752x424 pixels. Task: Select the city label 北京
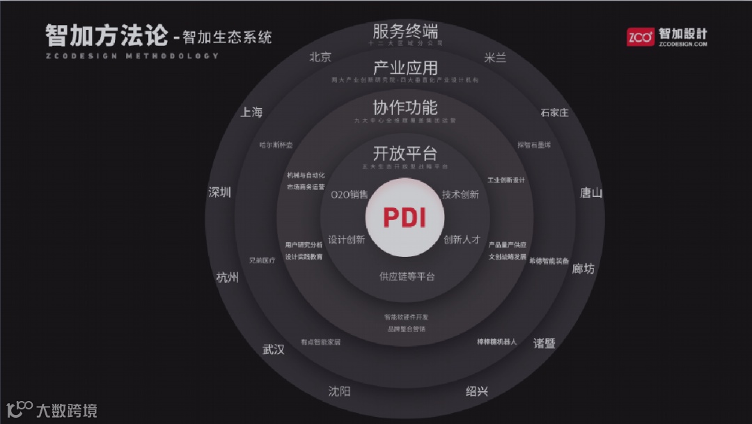(320, 58)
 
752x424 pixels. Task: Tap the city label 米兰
(494, 58)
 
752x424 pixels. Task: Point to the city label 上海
(251, 112)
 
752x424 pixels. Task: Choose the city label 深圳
(220, 193)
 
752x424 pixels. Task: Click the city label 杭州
(228, 278)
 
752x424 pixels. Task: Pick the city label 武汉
(274, 350)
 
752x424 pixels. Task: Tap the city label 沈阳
(339, 391)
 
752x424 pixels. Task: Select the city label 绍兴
(477, 391)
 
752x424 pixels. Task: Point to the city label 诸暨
(545, 343)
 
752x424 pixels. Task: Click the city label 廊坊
(583, 268)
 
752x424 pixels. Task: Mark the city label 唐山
(591, 193)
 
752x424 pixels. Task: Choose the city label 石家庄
(554, 113)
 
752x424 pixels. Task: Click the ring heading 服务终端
(405, 31)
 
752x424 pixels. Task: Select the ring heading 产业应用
(405, 68)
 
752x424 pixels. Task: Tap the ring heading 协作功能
(405, 107)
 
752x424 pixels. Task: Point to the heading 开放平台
(405, 153)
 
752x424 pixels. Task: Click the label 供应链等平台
(407, 276)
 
